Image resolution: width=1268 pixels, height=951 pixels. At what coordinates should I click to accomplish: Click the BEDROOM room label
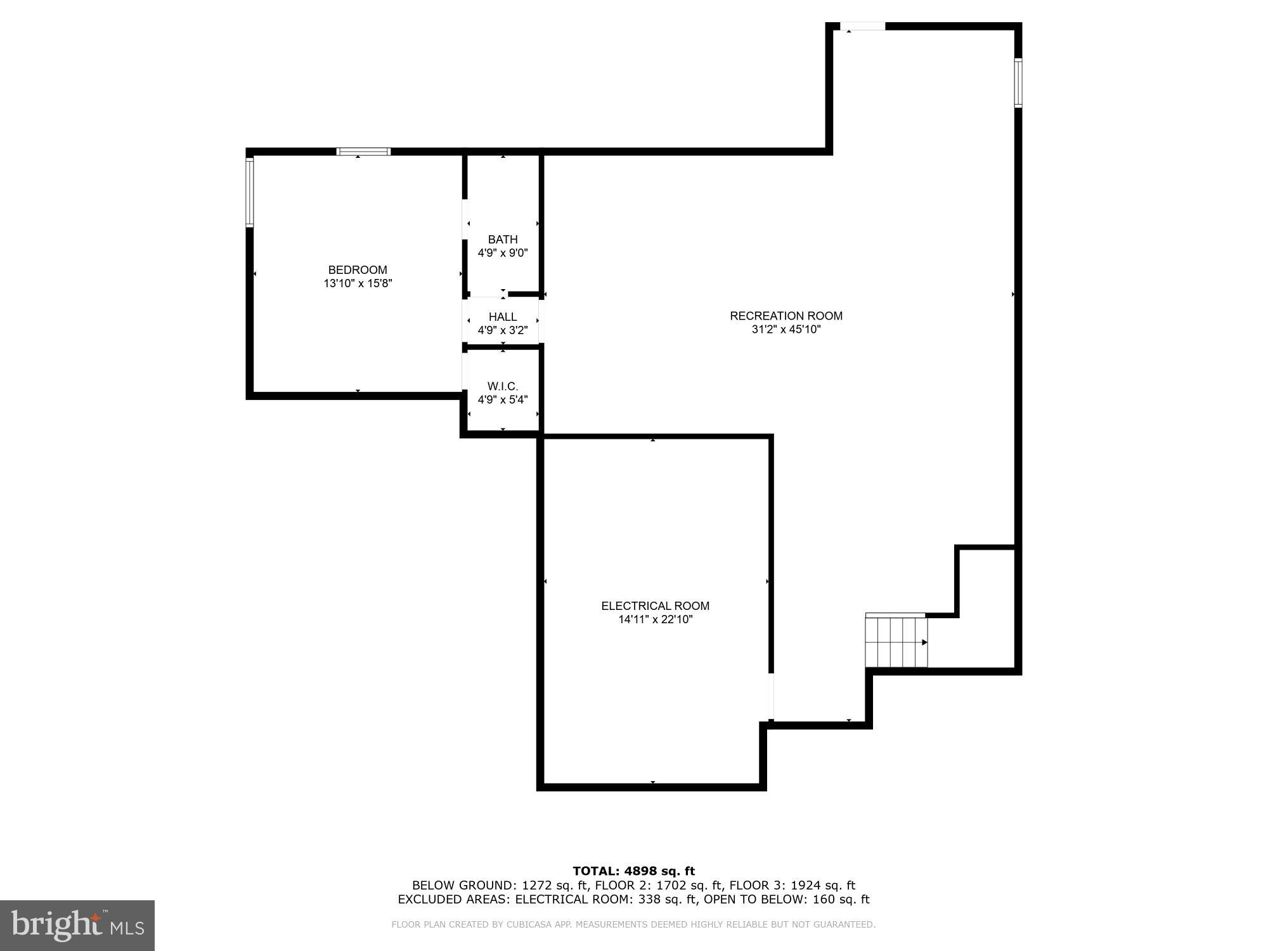(358, 270)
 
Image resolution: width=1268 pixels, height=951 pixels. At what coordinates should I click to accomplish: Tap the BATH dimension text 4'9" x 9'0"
(503, 253)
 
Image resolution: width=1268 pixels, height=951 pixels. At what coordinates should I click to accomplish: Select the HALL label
(503, 316)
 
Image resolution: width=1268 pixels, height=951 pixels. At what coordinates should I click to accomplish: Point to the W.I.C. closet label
(503, 386)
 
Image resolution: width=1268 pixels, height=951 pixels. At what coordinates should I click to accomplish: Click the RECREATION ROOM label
(786, 316)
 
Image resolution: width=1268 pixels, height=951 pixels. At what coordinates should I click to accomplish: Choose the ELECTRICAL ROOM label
(655, 606)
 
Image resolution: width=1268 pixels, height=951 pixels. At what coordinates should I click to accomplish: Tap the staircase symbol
(896, 642)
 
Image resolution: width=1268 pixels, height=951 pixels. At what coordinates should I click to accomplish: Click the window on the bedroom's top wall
(363, 152)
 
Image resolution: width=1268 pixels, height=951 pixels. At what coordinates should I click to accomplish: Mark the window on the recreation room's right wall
(1018, 83)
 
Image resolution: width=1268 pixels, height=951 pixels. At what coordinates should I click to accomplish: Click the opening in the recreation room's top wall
(862, 27)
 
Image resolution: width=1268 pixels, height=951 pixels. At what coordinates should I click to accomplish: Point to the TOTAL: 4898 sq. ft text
(633, 871)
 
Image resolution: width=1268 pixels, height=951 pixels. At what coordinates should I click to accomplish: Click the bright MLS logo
(77, 925)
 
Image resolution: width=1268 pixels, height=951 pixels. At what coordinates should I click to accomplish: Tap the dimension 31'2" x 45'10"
(786, 330)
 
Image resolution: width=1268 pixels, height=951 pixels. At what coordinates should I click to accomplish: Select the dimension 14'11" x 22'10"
(655, 619)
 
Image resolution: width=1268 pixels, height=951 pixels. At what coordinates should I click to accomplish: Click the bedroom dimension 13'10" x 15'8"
(358, 283)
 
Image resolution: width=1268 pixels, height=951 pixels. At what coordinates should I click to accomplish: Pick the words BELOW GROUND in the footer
(464, 886)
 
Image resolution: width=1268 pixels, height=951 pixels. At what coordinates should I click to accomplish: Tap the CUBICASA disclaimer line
(633, 924)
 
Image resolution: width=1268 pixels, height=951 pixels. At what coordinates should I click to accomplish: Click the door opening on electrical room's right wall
(771, 697)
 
